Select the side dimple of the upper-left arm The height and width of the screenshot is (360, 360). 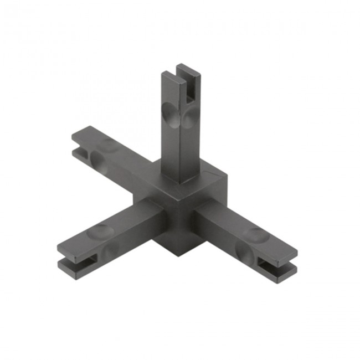pos(97,161)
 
